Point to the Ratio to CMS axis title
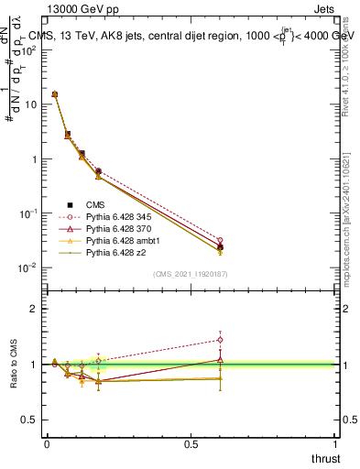(14, 364)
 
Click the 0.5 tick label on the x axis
(191, 443)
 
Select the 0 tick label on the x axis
(48, 443)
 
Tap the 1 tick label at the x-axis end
(334, 443)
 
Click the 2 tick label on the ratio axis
(33, 309)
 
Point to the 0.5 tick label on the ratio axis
(28, 420)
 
